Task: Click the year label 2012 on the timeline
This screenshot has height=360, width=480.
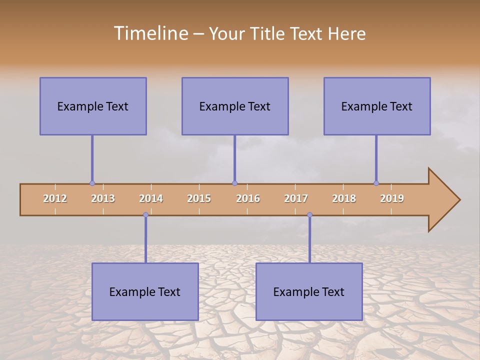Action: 55,198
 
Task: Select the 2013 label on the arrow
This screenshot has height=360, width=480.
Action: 103,198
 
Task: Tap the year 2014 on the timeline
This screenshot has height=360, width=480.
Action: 151,198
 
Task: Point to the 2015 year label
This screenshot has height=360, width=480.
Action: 199,198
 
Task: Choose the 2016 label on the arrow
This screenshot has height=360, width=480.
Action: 248,198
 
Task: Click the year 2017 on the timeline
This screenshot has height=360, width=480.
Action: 296,198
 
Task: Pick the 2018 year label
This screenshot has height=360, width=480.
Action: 344,198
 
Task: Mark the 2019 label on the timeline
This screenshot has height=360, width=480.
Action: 392,198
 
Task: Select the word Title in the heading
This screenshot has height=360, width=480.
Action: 269,33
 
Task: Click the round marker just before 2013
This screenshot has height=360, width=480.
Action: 92,183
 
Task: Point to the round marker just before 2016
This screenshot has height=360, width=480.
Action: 234,183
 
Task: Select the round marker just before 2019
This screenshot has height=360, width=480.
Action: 376,183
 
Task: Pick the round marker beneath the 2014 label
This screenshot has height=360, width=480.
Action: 145,215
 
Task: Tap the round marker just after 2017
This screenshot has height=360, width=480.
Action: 309,215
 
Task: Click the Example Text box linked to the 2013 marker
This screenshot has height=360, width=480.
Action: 93,106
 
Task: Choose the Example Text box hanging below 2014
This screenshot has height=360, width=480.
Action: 145,292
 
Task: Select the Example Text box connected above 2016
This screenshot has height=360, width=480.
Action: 235,106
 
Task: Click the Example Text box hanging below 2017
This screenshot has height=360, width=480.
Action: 309,292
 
